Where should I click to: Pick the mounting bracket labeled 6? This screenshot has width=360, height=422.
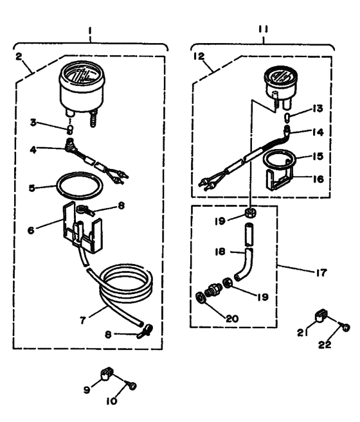tap(82, 225)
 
